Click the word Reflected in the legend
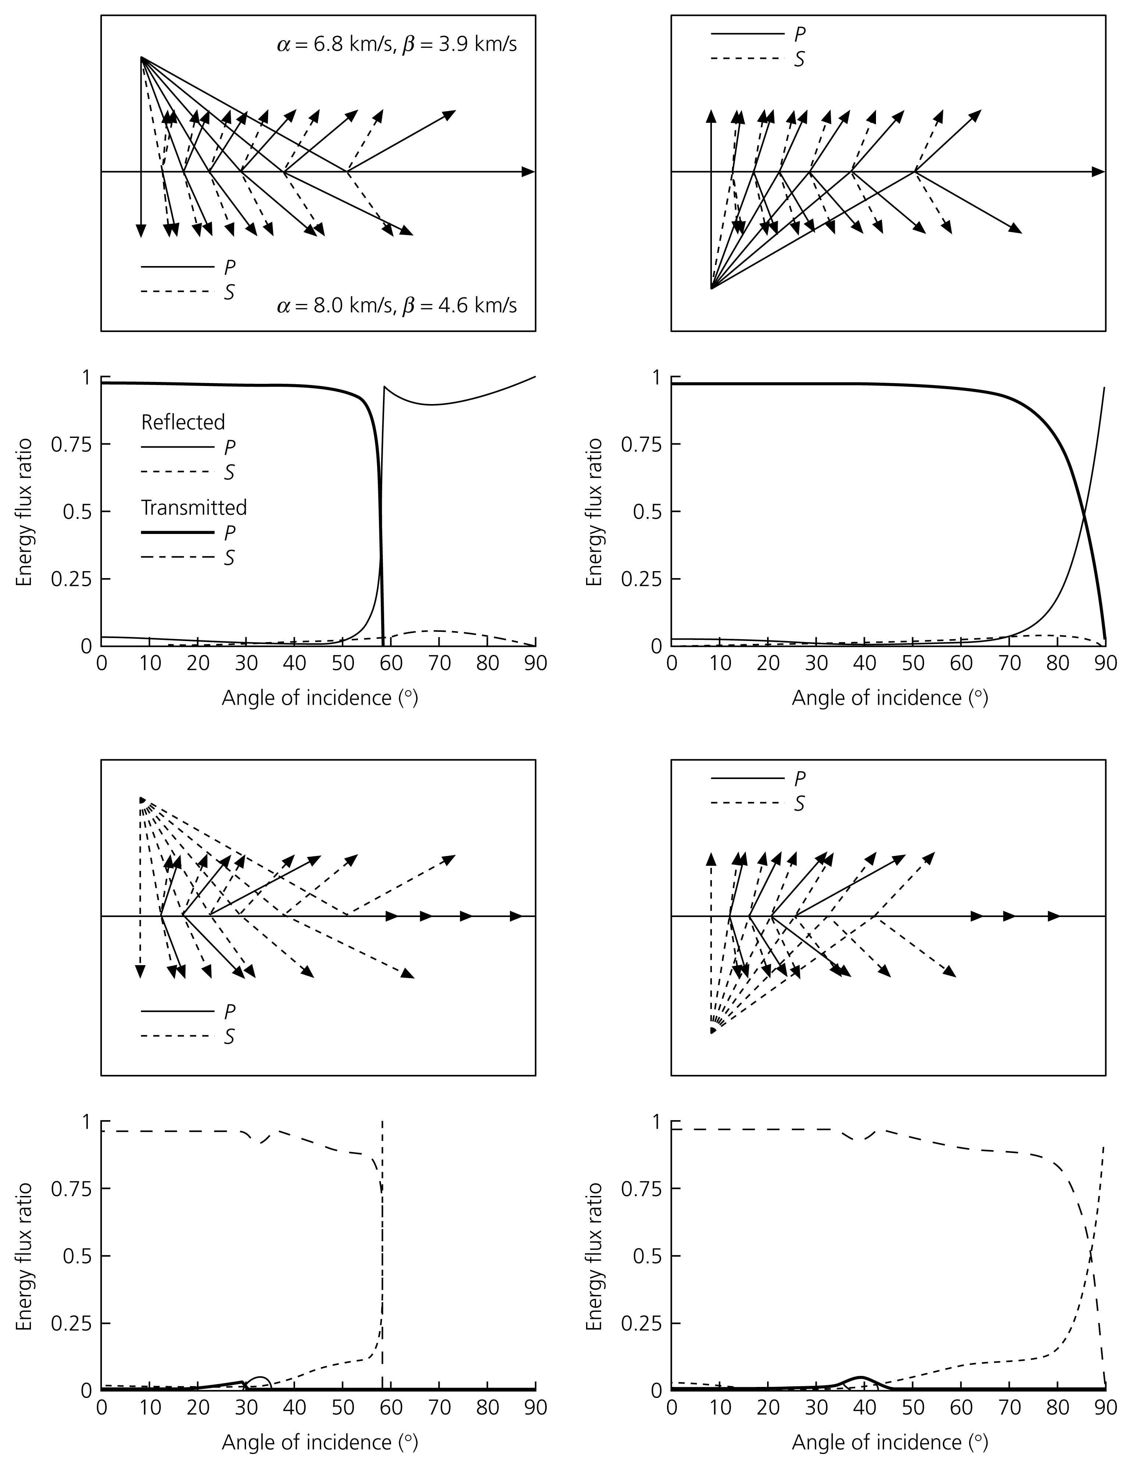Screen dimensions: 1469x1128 click(x=182, y=422)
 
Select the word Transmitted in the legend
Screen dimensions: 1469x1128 click(x=194, y=507)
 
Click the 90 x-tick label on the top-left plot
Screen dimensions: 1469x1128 click(x=535, y=663)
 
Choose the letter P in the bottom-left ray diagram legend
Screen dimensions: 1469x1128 click(x=229, y=1012)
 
